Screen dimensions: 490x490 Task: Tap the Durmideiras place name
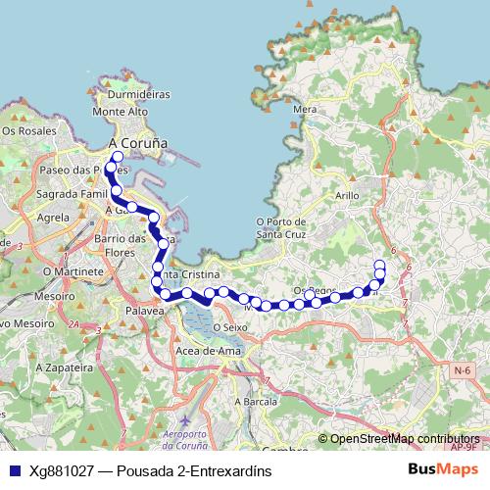139,95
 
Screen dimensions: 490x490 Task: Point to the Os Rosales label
29,129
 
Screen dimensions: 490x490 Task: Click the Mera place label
304,110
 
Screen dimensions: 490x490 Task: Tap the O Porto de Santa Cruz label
282,228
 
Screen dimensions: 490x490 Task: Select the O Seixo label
225,327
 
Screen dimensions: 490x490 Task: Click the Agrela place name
51,217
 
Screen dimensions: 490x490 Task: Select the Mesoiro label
55,294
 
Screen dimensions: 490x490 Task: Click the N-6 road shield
463,369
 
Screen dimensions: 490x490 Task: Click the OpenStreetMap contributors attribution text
404,439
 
